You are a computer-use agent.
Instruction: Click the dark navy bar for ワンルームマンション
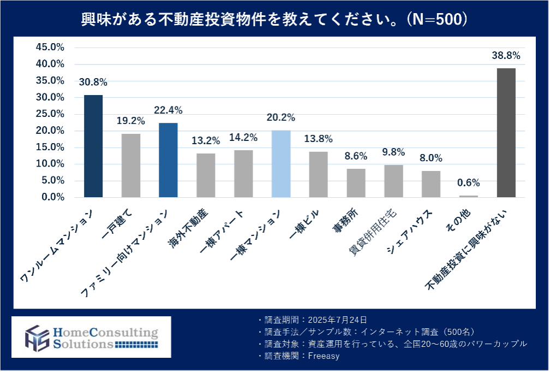(93, 146)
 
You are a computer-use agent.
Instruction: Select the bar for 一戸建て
(130, 165)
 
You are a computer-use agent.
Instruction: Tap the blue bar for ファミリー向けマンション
(168, 160)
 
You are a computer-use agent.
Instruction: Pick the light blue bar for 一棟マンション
(281, 163)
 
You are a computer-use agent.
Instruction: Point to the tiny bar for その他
(469, 196)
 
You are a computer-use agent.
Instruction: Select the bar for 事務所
(356, 182)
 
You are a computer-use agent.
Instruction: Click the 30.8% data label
(93, 82)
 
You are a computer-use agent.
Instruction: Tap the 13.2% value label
(206, 141)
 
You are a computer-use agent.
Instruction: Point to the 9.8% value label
(394, 152)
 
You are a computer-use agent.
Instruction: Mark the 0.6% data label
(469, 183)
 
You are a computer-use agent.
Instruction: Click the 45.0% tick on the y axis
(50, 48)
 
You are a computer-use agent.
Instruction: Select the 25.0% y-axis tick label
(50, 114)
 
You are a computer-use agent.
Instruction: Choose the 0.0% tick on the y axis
(52, 197)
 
